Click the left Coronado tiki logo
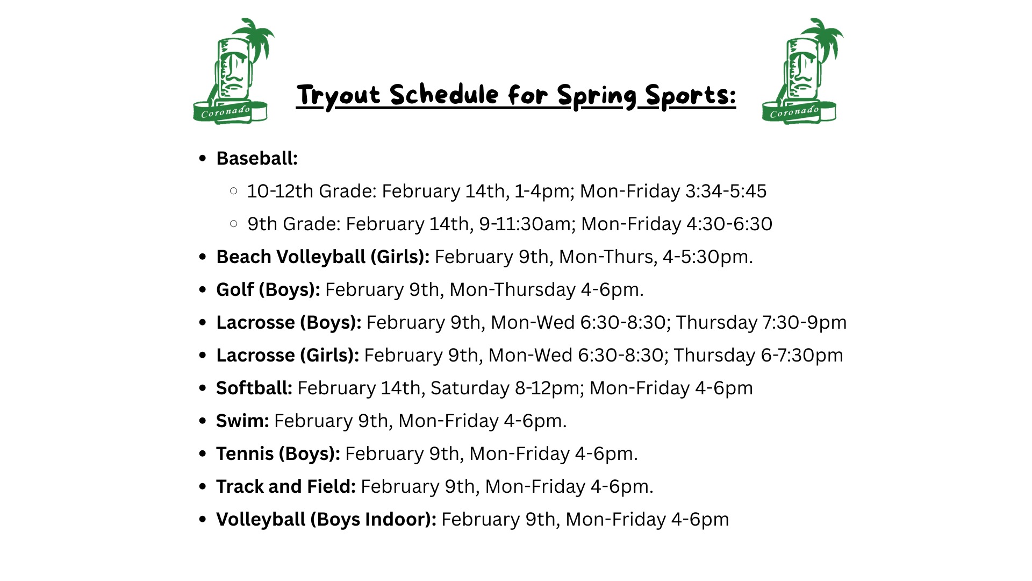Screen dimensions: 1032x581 point(233,71)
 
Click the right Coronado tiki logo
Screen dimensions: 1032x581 point(802,71)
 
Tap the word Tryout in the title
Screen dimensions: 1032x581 point(339,96)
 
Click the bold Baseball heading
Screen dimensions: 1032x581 point(257,158)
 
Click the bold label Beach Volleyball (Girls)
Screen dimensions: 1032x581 point(322,257)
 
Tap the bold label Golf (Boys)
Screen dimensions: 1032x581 point(268,290)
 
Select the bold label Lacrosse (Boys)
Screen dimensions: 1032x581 point(289,323)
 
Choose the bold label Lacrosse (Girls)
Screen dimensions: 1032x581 point(288,356)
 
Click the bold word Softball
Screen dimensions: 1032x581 point(254,388)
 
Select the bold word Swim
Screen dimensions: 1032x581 point(242,421)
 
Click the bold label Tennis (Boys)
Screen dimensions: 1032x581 point(278,454)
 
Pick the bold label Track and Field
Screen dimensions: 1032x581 point(286,486)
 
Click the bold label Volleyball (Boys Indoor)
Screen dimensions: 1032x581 point(326,520)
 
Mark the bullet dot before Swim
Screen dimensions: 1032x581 point(203,421)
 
